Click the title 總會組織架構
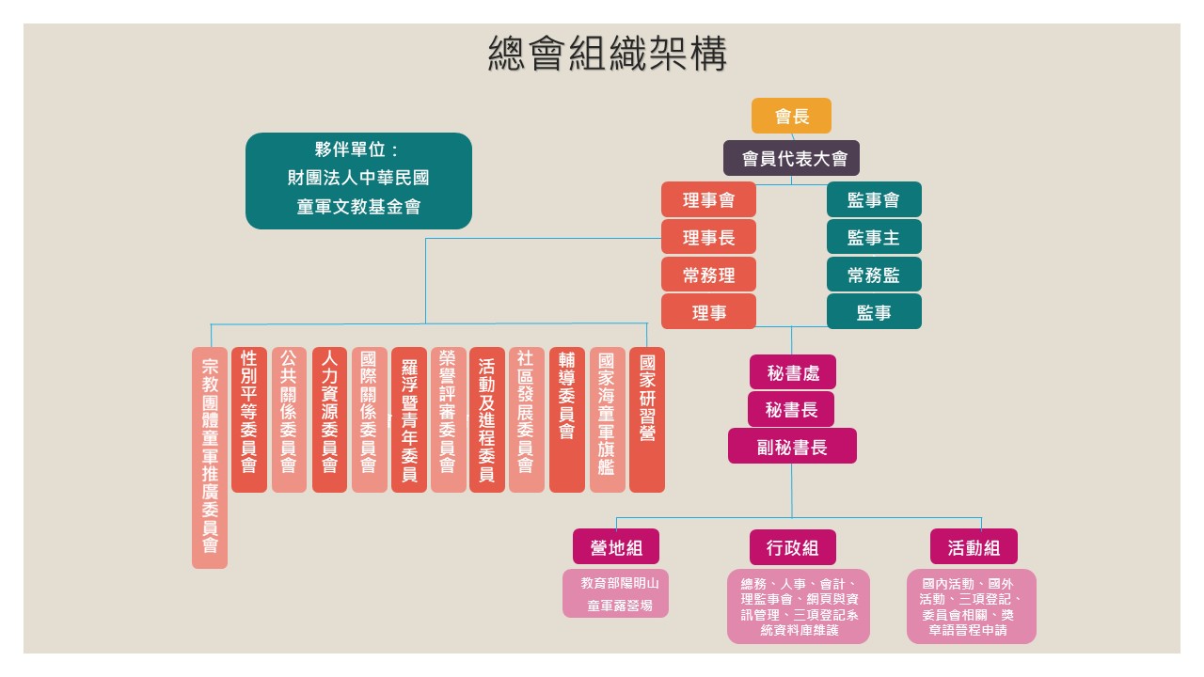(x=608, y=54)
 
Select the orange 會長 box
(x=791, y=116)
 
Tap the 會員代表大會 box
(x=791, y=158)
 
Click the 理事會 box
(x=708, y=199)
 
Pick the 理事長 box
(x=708, y=237)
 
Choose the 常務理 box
(x=708, y=275)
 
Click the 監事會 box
(x=874, y=199)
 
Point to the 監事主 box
(x=874, y=237)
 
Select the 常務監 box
(x=874, y=275)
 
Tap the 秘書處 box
(x=792, y=372)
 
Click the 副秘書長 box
(x=792, y=447)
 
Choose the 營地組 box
(x=615, y=547)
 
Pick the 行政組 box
(x=792, y=547)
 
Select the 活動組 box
(x=974, y=547)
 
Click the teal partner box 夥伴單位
(x=358, y=181)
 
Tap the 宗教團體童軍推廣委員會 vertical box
(x=210, y=458)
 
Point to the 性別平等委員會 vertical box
(x=249, y=419)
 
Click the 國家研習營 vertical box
(x=647, y=419)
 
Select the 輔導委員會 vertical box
(x=567, y=419)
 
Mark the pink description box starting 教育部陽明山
(x=615, y=593)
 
